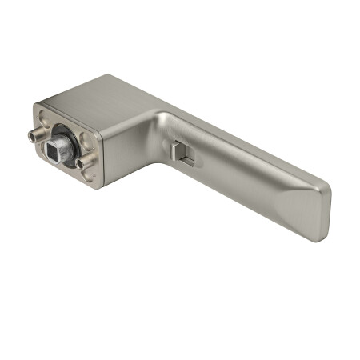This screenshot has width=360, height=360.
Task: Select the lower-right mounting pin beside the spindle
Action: tap(82, 164)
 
